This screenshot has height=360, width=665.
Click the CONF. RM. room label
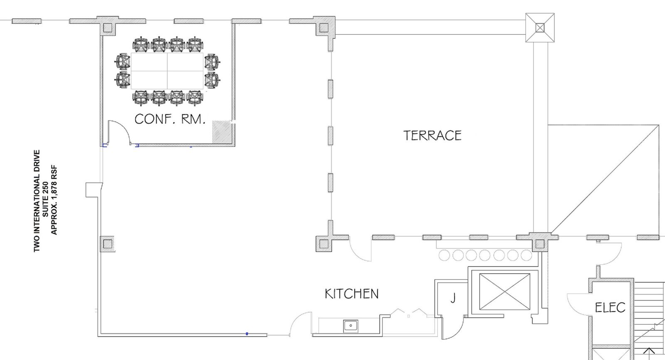tap(170, 119)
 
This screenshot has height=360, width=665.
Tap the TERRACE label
tap(433, 136)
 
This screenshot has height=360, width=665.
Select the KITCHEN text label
tap(352, 294)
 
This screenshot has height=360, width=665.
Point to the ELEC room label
tap(610, 308)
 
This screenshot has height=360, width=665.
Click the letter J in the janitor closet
tap(453, 298)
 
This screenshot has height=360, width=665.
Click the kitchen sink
tap(351, 326)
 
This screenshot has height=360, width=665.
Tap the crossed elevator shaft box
tap(505, 292)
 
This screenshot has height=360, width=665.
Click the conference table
tap(167, 71)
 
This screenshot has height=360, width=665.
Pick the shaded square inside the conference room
tap(222, 131)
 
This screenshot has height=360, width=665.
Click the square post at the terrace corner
tap(540, 27)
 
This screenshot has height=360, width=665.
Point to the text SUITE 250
tap(45, 199)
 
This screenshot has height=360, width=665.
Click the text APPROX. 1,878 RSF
tap(54, 200)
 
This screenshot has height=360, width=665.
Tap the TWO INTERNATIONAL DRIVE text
tap(37, 201)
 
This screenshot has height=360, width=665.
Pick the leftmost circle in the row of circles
tap(444, 255)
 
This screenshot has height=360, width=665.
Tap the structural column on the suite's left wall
tap(108, 244)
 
